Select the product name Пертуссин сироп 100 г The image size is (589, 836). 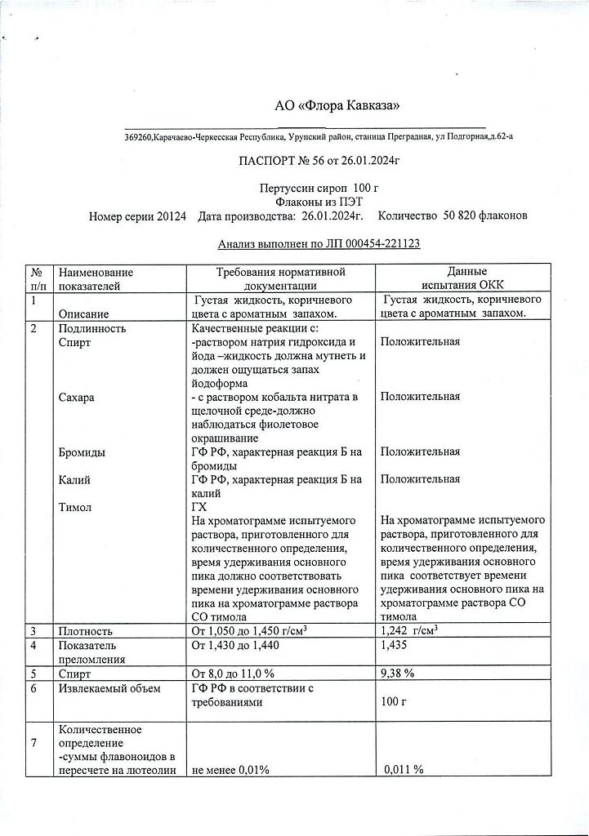(319, 189)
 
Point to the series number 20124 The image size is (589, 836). (173, 216)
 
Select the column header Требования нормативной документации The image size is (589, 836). (280, 278)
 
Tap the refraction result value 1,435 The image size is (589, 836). (395, 646)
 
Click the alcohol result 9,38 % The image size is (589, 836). (399, 674)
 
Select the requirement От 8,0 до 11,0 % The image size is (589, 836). (232, 674)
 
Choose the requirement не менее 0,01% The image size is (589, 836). (230, 769)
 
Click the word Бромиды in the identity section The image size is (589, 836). (82, 451)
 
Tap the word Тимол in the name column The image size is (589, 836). (76, 507)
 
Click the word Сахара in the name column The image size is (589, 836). (77, 397)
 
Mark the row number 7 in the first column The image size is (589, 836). (33, 742)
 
